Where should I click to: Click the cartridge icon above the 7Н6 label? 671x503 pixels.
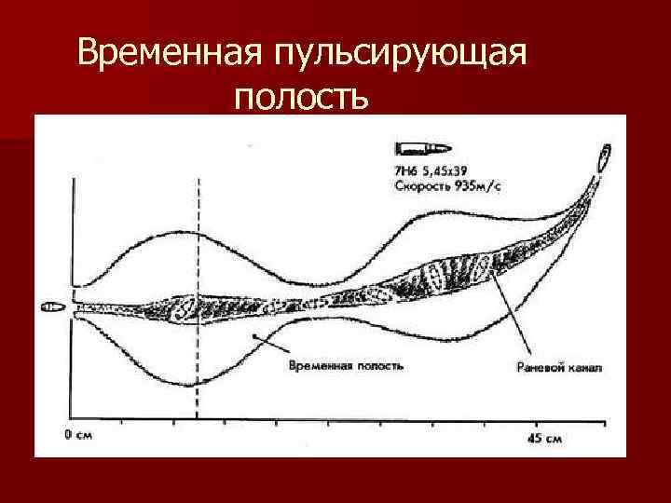[421, 148]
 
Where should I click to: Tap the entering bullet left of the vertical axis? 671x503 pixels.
[51, 306]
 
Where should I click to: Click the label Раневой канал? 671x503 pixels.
[559, 367]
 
